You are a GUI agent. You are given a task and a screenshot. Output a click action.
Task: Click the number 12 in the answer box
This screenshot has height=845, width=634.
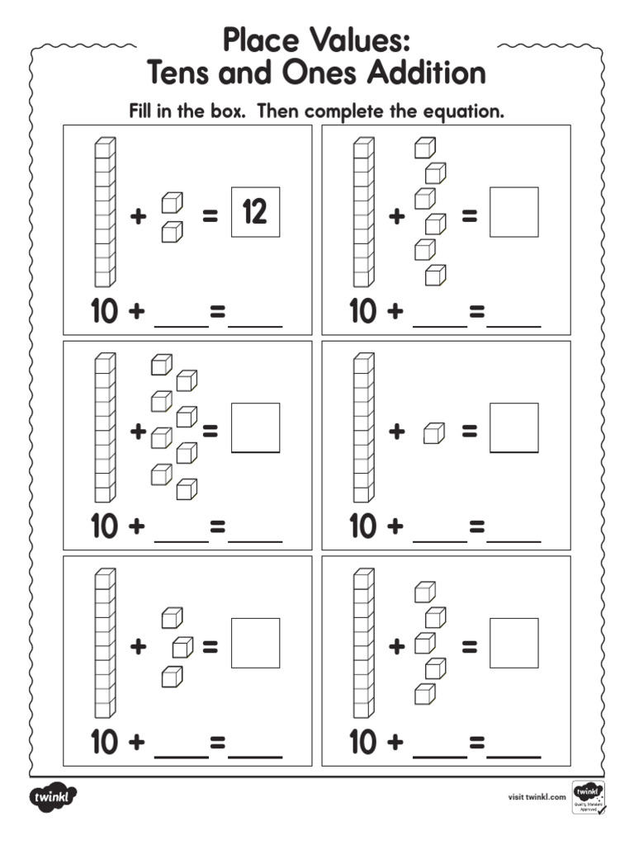point(255,212)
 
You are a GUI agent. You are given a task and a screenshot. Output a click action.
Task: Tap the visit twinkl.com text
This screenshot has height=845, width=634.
point(537,796)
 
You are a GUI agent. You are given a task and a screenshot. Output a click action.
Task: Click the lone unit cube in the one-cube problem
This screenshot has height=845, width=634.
point(433,432)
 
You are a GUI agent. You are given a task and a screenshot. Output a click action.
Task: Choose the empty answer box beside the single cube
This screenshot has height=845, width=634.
point(513,427)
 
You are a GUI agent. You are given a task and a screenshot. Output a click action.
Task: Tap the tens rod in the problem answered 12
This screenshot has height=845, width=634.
point(105,212)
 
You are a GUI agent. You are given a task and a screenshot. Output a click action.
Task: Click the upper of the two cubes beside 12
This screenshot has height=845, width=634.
point(172,202)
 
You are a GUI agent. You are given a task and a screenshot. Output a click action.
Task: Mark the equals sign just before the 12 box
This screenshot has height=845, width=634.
point(211,217)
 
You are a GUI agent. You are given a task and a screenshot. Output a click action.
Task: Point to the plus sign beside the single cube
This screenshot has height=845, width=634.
point(397,432)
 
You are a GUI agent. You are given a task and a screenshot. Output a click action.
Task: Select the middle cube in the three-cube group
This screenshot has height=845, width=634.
point(182,646)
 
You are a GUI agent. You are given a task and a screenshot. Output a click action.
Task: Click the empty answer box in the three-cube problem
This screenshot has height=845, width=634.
point(255,643)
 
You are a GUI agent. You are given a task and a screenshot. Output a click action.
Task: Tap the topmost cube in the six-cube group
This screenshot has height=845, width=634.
point(424,148)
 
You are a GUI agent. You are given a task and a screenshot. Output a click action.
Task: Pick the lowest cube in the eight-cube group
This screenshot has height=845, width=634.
point(187,489)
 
